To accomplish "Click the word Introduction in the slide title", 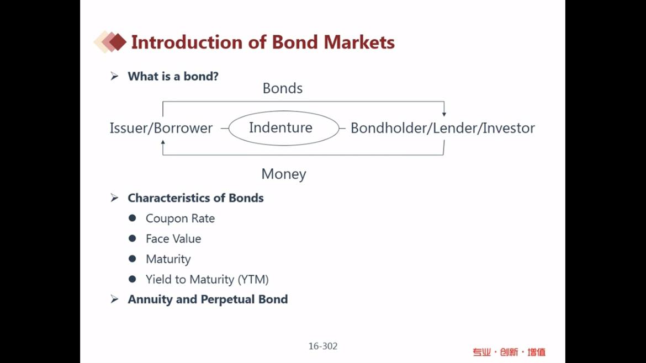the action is (187, 42).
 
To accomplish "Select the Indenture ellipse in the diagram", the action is (284, 111).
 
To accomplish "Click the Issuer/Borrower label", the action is (161, 128).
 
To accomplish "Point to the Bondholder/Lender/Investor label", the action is (443, 128).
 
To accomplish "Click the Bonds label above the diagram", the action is (283, 88).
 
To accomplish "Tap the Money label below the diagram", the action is (284, 174).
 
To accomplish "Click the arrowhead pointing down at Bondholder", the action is (444, 114).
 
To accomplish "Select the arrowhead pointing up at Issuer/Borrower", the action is (163, 142).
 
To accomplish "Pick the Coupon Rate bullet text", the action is (180, 218).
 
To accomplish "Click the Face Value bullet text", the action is (173, 239).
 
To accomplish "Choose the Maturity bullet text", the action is (168, 259).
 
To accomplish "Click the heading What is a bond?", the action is (173, 76).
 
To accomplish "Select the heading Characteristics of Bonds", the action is (195, 198).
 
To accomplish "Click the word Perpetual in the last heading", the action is (227, 299).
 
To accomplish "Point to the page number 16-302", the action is (323, 346).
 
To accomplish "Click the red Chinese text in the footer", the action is (509, 352).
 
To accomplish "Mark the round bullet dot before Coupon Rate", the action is (133, 218).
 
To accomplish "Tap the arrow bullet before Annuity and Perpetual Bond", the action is (114, 299).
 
